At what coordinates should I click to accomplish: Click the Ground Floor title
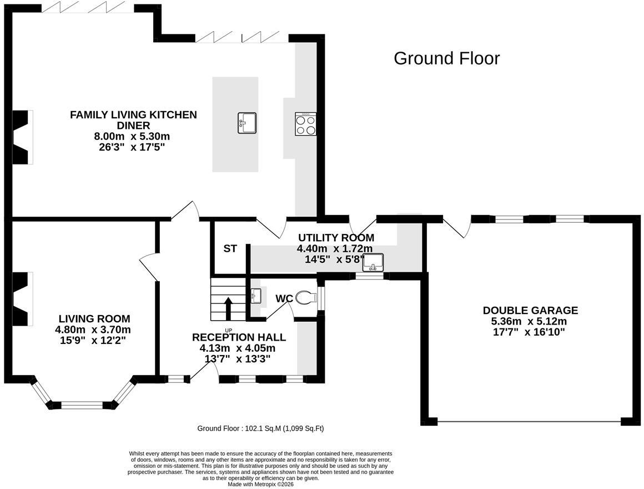tap(446, 58)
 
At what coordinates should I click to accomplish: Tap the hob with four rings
tap(305, 124)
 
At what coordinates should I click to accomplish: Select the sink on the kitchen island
tap(247, 123)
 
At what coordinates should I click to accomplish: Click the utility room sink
tap(373, 263)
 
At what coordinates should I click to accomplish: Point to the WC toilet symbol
tap(305, 297)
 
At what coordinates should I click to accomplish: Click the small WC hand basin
tap(256, 296)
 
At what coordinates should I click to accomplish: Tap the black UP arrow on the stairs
tap(228, 308)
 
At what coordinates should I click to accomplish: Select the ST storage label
tap(230, 248)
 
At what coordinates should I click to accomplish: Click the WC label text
tap(284, 299)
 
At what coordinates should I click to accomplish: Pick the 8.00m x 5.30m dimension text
tap(132, 137)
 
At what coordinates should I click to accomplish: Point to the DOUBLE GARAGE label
tap(530, 310)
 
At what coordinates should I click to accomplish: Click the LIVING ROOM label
tap(94, 318)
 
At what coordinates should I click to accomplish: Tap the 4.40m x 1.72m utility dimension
tap(335, 248)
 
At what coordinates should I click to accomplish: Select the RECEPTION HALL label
tap(239, 337)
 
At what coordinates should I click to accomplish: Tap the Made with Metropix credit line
tap(261, 485)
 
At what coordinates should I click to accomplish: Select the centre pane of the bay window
tap(82, 405)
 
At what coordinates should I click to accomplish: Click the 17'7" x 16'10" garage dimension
tap(530, 332)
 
